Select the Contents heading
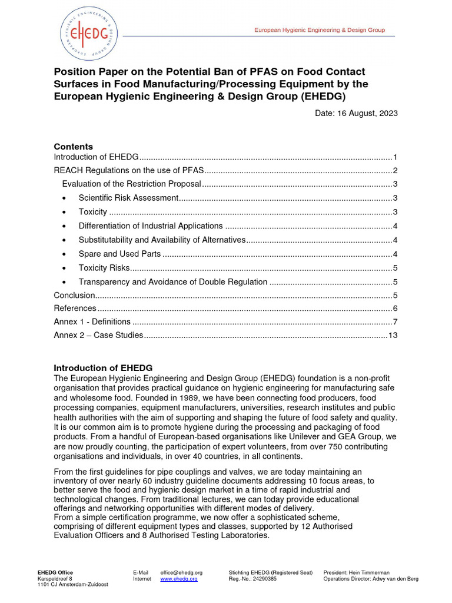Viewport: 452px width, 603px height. pyautogui.click(x=73, y=147)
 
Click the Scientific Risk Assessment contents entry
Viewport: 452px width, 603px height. pyautogui.click(x=128, y=198)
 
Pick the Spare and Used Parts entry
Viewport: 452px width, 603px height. pyautogui.click(x=119, y=254)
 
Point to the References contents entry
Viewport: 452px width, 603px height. pyautogui.click(x=75, y=308)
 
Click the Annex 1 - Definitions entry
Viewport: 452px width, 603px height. pyautogui.click(x=92, y=322)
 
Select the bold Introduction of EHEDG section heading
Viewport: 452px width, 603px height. pyautogui.click(x=103, y=367)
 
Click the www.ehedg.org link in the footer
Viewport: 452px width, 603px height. pyautogui.click(x=179, y=579)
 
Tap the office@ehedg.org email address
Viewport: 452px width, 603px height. pyautogui.click(x=181, y=572)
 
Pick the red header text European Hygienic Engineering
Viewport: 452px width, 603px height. pyautogui.click(x=319, y=30)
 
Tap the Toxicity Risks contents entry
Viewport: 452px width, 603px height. pyautogui.click(x=104, y=269)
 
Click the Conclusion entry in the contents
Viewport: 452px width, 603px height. pyautogui.click(x=74, y=295)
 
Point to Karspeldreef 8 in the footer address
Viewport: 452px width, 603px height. pyautogui.click(x=55, y=579)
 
